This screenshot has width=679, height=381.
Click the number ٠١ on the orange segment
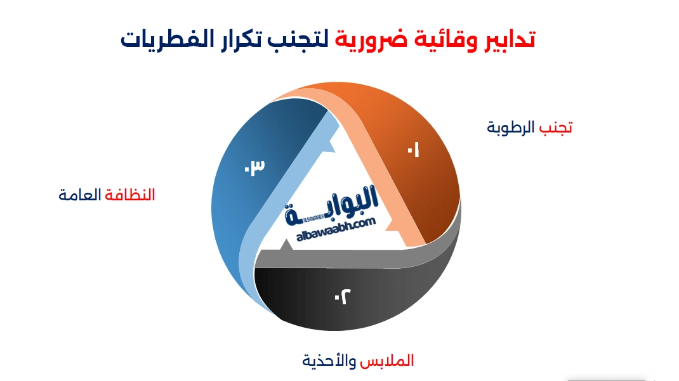coord(413,150)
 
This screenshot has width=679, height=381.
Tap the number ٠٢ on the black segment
coord(343,297)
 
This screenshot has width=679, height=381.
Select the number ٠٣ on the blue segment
coord(254,167)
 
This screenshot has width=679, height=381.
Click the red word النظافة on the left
coord(130,195)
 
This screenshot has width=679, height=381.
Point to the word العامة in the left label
coord(80,195)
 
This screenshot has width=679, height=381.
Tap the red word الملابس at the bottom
coord(386,360)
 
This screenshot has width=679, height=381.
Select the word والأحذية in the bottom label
coord(329,360)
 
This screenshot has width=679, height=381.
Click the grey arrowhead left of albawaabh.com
coord(285,245)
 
